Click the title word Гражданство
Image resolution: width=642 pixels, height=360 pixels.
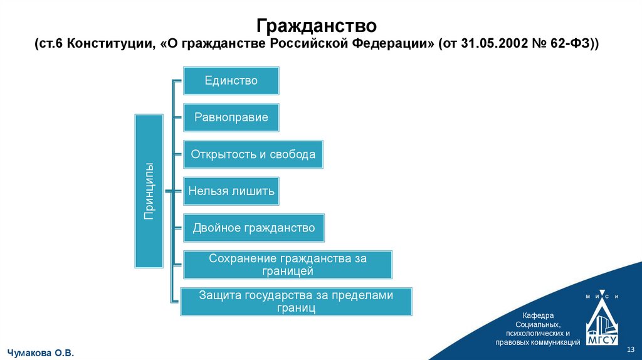[317, 26]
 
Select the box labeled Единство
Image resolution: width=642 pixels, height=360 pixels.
[231, 80]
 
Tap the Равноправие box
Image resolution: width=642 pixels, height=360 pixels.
[231, 117]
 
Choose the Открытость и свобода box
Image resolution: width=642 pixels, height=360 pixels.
[253, 154]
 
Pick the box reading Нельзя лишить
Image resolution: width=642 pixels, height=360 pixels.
[231, 191]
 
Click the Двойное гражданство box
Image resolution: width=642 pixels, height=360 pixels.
[254, 228]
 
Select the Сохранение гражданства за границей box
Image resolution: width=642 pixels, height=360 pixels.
[287, 265]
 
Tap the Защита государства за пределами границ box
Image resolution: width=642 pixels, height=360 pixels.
[296, 302]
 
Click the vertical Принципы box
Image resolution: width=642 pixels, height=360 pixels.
[149, 191]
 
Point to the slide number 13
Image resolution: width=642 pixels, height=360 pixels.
[631, 349]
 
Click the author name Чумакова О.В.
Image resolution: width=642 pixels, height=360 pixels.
[40, 353]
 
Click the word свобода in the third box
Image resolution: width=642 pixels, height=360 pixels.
[295, 154]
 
